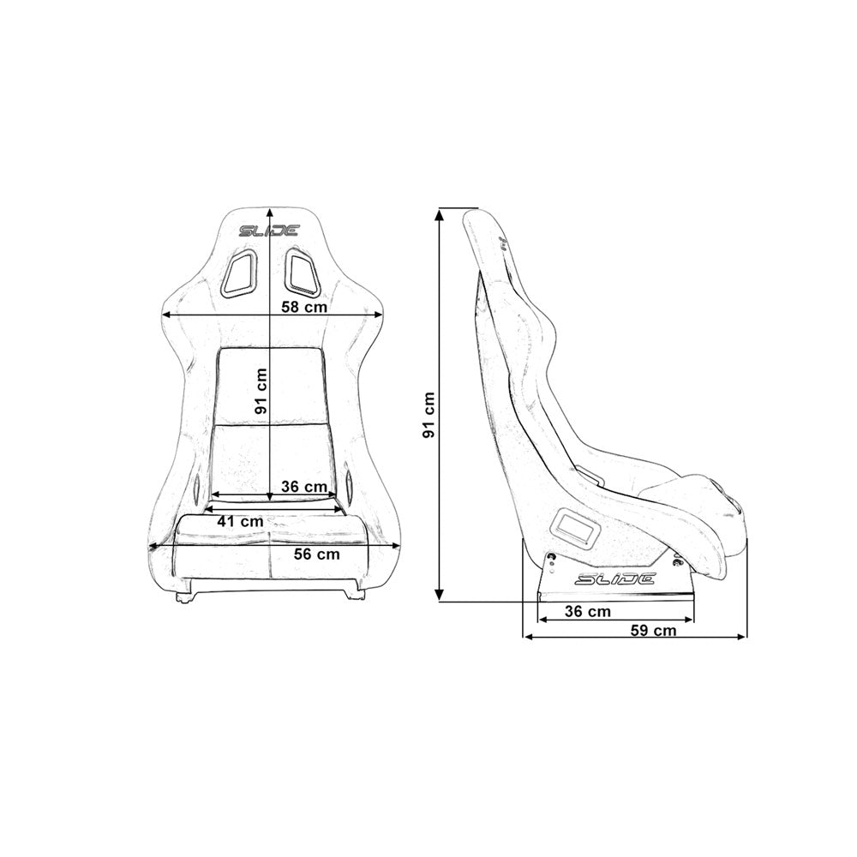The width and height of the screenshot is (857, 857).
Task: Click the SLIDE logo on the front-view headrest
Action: [269, 231]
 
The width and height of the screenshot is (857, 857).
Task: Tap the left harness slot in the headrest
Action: [238, 275]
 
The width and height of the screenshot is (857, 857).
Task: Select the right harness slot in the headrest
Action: [301, 273]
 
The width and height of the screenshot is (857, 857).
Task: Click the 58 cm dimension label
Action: [303, 307]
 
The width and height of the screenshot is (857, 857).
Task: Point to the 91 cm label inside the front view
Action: [261, 392]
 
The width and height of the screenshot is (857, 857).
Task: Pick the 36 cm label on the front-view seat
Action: [304, 487]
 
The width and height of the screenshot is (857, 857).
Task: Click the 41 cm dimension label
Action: [239, 520]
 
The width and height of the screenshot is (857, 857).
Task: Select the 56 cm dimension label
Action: [316, 554]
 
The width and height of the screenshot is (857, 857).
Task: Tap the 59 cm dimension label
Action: [653, 631]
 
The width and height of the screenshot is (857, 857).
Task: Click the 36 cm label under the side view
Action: [588, 611]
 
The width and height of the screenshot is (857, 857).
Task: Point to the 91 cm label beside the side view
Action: [428, 416]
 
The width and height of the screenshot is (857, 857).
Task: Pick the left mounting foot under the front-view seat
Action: [185, 596]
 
